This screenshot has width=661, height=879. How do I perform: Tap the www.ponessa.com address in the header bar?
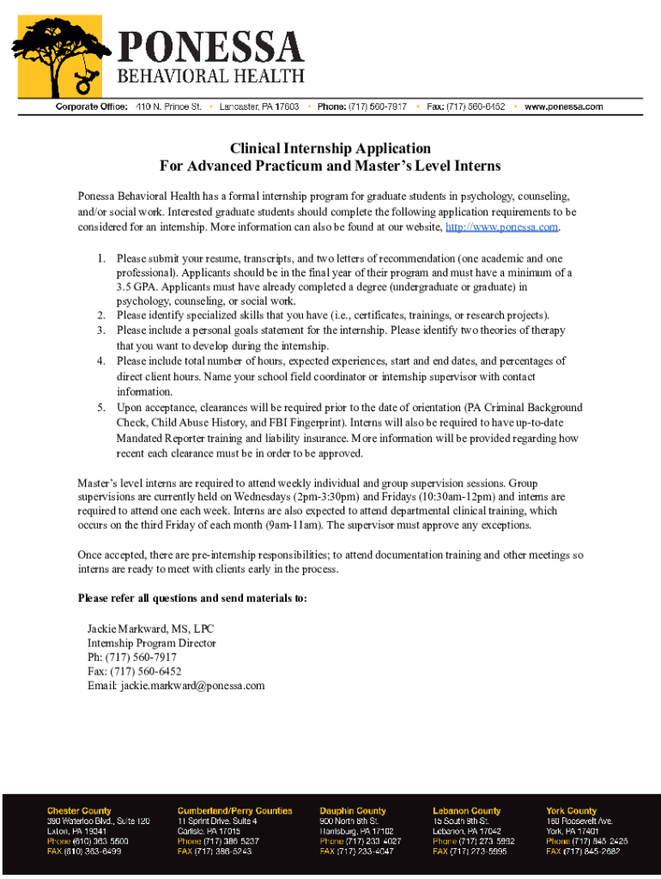pos(563,106)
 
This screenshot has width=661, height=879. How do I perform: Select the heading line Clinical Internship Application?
pos(330,149)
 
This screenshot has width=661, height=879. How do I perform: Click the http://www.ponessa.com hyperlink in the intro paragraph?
pos(502,227)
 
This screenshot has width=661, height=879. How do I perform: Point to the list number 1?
pos(100,258)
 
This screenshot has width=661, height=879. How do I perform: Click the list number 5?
pos(100,408)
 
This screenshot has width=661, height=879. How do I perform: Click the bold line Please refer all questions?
pos(191,598)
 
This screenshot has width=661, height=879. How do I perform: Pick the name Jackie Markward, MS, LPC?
pos(150,629)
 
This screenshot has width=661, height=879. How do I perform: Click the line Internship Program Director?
pos(151,643)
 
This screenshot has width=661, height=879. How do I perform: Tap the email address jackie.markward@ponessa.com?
pos(192,686)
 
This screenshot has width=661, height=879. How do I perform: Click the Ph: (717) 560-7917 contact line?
pos(132,658)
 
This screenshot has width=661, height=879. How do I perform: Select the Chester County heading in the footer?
pos(78,810)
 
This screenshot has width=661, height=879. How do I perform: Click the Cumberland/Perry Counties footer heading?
pos(234,810)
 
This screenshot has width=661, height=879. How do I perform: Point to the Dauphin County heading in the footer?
pos(353,810)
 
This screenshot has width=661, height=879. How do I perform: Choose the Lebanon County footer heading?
pos(466,810)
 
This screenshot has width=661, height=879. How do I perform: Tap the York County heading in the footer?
pos(571,810)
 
